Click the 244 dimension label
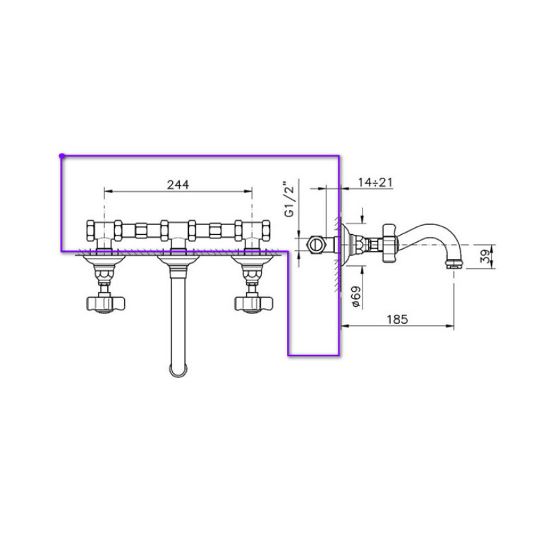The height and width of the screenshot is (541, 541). point(178,185)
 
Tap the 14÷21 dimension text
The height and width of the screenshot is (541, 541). point(375,182)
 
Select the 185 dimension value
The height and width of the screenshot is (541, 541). point(397,319)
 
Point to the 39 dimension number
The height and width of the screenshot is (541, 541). point(486,257)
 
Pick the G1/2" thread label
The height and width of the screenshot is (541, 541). point(289,199)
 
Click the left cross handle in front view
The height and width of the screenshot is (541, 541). point(105,303)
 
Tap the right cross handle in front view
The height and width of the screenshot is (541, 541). point(254,303)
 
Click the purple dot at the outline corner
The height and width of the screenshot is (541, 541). point(62,156)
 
